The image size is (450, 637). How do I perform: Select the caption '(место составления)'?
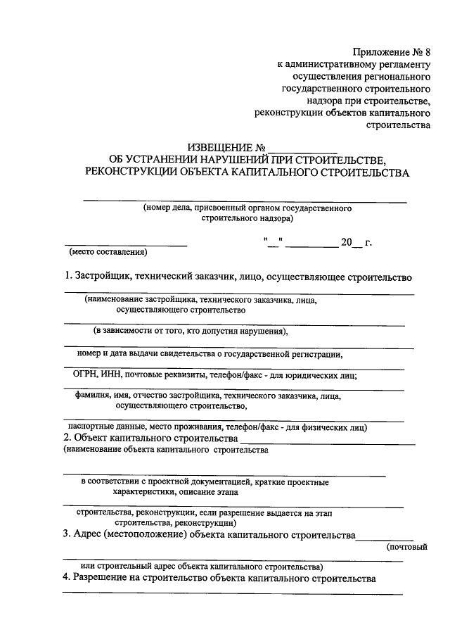pos(107,252)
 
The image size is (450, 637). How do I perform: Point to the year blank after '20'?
pos(358,244)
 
